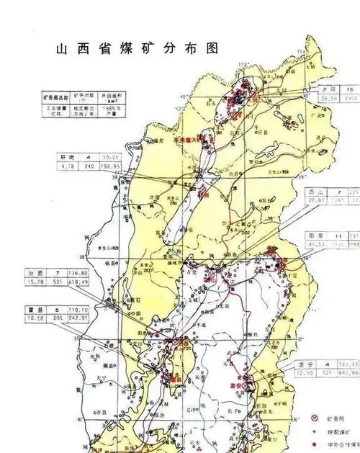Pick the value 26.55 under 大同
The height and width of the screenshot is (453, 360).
click(330, 97)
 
